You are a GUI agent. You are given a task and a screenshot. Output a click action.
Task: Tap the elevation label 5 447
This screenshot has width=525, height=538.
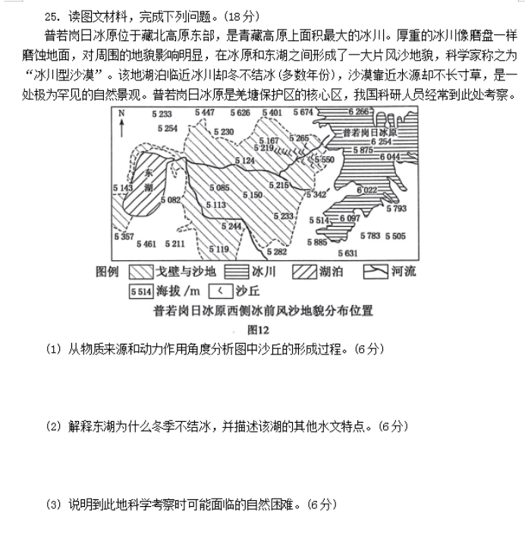click(x=205, y=112)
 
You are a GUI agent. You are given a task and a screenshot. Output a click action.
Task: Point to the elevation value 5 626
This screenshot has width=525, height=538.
click(x=238, y=112)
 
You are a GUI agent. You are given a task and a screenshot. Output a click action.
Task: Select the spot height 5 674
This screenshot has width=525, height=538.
click(x=302, y=112)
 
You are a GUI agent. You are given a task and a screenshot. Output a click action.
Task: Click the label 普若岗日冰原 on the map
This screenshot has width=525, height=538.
click(x=369, y=131)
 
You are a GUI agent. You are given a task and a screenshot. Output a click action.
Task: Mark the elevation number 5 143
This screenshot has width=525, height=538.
click(x=123, y=187)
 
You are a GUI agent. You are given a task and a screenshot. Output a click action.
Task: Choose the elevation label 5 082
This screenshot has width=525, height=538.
click(x=171, y=200)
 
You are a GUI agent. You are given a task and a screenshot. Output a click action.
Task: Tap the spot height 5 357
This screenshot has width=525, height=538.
click(x=123, y=237)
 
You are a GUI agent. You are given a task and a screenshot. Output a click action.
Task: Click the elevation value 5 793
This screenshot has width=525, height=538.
click(x=395, y=208)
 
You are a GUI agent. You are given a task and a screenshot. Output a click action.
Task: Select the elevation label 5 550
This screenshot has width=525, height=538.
click(x=324, y=160)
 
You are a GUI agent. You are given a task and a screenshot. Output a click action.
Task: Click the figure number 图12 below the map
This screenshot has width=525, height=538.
click(x=259, y=329)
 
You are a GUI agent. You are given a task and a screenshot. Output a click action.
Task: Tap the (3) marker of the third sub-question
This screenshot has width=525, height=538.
click(x=52, y=504)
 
